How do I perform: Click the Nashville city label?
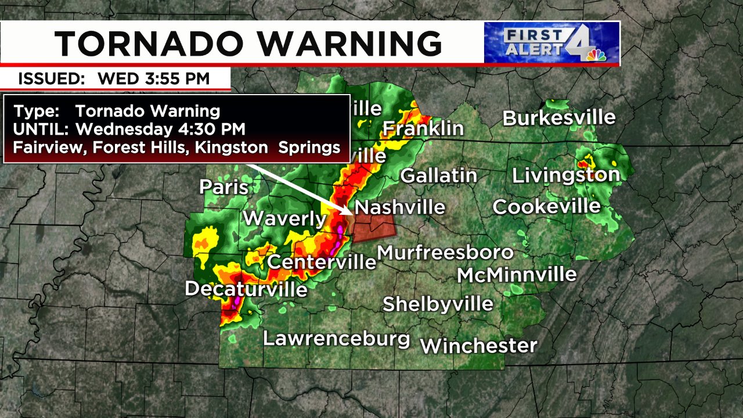click(400, 207)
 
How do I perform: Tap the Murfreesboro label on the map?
click(445, 253)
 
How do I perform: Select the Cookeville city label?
click(546, 206)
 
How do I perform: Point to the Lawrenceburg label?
click(337, 338)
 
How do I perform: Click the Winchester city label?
click(479, 346)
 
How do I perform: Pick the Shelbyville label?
click(438, 304)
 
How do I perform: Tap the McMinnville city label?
click(517, 275)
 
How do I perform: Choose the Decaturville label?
click(246, 289)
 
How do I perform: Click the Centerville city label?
click(322, 262)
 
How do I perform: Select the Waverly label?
click(285, 219)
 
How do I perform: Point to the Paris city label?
click(224, 187)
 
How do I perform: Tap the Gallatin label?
click(439, 175)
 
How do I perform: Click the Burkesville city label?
click(559, 118)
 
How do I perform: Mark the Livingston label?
click(565, 175)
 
